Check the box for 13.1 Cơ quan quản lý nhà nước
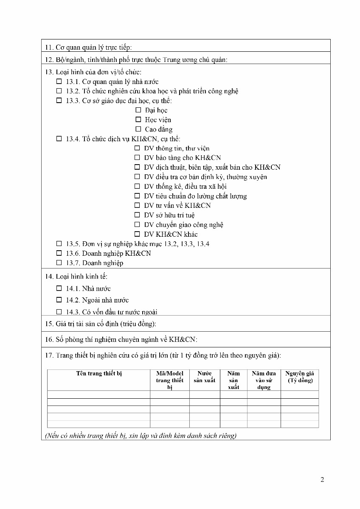click(59, 81)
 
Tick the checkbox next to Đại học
click(138, 110)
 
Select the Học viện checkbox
click(138, 120)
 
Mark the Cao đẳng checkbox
click(138, 129)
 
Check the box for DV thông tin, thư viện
click(137, 148)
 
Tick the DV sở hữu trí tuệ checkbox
click(137, 215)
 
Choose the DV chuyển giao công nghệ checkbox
click(137, 224)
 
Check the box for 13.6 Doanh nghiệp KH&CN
click(59, 253)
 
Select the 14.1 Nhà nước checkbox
click(59, 288)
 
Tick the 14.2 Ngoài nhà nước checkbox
click(59, 300)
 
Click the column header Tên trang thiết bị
click(99, 374)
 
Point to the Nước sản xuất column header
click(205, 377)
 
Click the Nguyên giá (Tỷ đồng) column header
click(300, 377)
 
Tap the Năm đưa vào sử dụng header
click(264, 380)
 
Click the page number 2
click(322, 480)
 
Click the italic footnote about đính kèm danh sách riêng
click(141, 436)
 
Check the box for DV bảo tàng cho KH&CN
click(137, 158)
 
